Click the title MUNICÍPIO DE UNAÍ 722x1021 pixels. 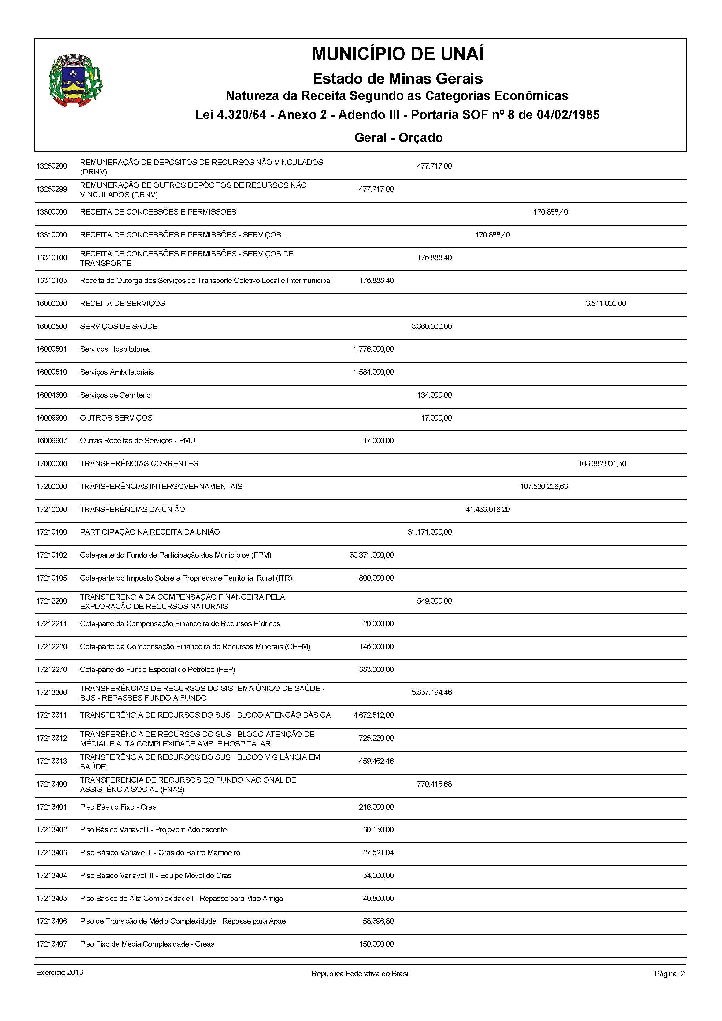[398, 54]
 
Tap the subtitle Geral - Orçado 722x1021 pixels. [398, 137]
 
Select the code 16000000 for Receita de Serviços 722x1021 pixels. [52, 303]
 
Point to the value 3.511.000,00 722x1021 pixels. [605, 303]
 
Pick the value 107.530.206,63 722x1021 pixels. [544, 486]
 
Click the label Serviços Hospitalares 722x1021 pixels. [115, 349]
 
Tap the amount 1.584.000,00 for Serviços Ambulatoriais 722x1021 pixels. [373, 372]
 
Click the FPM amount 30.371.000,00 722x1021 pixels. [371, 555]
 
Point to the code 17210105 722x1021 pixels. [52, 578]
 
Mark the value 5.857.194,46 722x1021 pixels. [431, 692]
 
